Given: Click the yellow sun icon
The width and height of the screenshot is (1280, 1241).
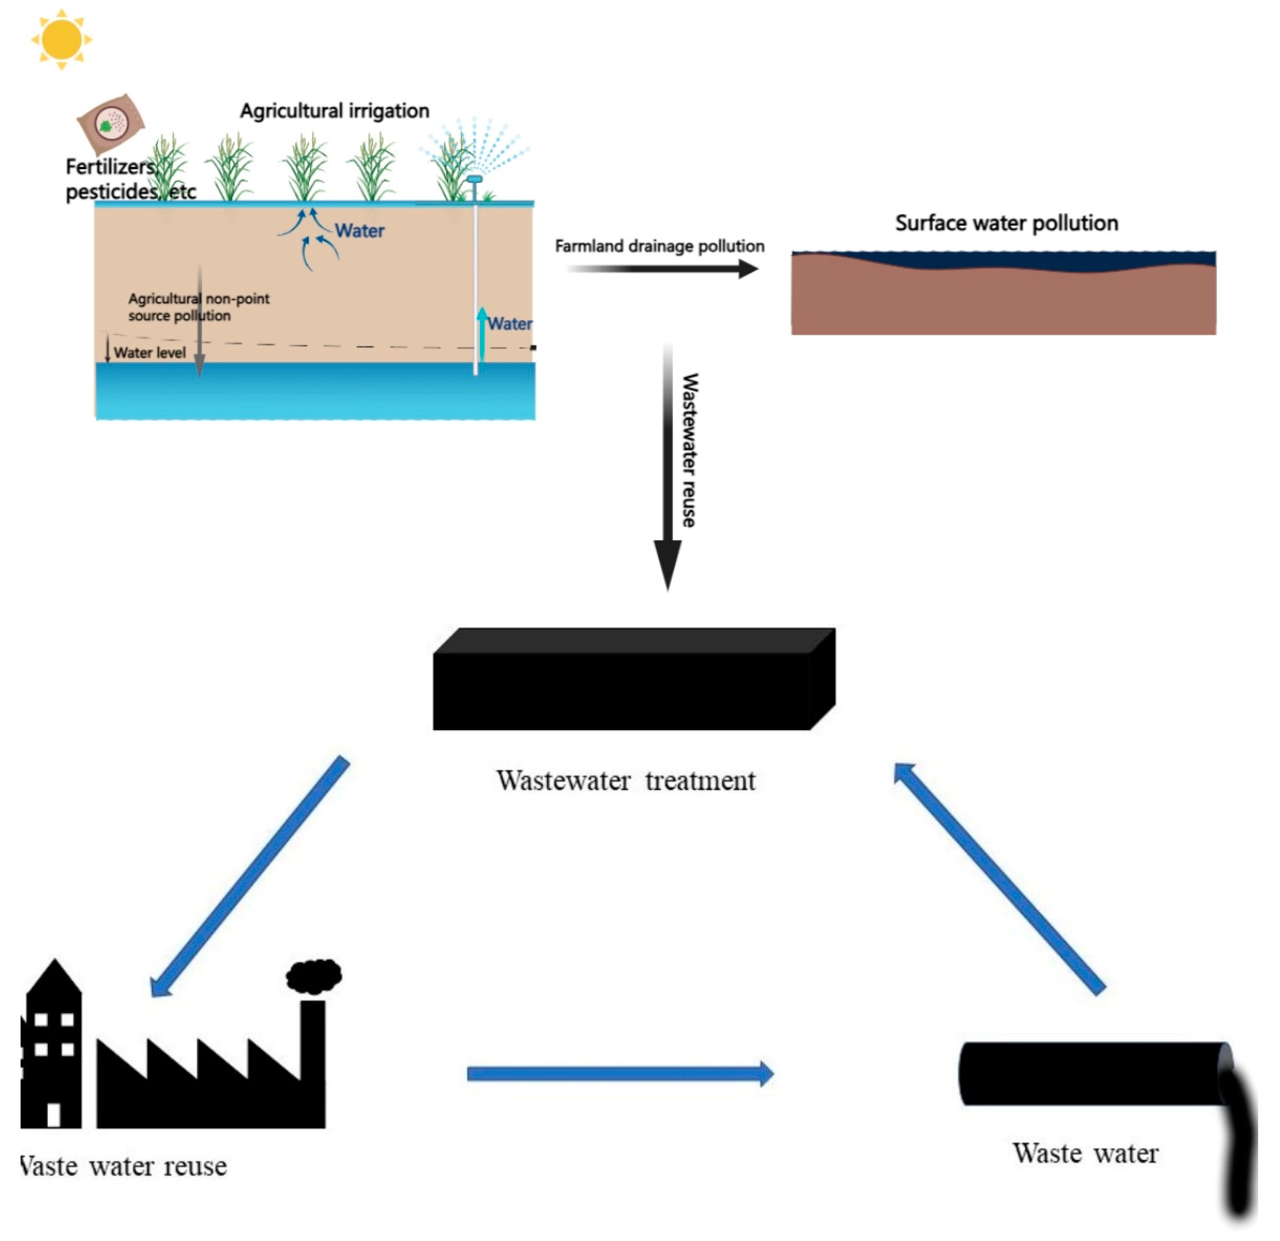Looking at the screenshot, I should [x=61, y=39].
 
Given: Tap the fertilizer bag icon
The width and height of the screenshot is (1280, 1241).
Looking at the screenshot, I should [x=111, y=123].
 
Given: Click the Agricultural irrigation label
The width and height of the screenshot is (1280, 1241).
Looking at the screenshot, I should [x=334, y=111].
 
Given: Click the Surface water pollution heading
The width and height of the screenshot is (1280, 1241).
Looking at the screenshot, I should [x=1006, y=223].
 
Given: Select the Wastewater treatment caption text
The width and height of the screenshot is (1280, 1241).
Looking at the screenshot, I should [x=626, y=781].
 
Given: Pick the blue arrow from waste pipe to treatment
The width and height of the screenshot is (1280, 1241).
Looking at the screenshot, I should [x=999, y=878].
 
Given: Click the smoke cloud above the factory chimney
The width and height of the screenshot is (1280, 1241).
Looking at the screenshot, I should [x=314, y=976].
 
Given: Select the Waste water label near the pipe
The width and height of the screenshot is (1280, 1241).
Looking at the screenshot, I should [x=1085, y=1153].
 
